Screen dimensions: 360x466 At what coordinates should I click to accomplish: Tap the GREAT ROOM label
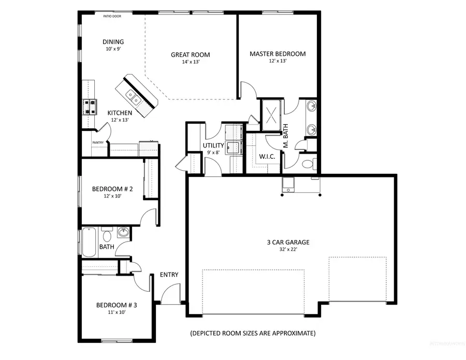click(191, 55)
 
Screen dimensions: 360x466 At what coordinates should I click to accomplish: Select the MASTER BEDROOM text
click(278, 54)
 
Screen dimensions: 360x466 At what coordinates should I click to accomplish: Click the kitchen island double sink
click(134, 96)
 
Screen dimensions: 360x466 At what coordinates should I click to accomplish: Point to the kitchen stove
click(90, 106)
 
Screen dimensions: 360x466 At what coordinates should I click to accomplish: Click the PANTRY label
click(98, 142)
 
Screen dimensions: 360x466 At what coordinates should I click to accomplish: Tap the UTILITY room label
click(213, 146)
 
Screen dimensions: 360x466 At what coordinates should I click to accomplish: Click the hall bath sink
click(123, 233)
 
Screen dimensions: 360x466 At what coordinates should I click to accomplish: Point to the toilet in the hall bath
click(107, 236)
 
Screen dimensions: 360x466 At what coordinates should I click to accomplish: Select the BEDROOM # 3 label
click(116, 305)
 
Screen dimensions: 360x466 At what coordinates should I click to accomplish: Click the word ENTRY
click(169, 275)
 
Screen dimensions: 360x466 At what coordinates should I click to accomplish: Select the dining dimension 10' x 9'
click(112, 49)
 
